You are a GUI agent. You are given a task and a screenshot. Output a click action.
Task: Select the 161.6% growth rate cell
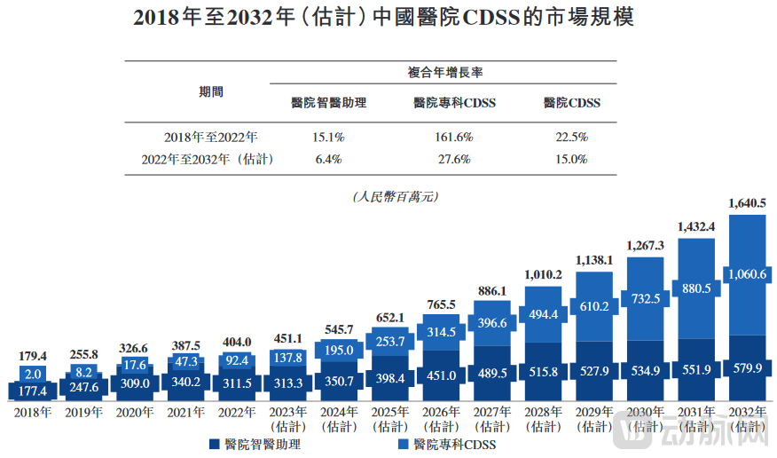point(454,138)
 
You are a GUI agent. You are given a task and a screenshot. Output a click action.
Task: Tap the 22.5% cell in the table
point(571,138)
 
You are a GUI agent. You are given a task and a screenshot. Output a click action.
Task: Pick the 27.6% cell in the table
point(454,160)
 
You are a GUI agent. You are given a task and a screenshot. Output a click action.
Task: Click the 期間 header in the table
point(211,91)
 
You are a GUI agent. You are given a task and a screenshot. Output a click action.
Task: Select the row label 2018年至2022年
point(211,138)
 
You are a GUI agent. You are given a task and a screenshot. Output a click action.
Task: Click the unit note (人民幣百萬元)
point(388,196)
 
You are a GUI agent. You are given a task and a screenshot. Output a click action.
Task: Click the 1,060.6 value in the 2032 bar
point(747,275)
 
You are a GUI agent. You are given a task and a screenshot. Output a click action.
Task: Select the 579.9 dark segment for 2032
point(747,367)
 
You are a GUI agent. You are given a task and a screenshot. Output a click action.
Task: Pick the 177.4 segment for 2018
point(32,391)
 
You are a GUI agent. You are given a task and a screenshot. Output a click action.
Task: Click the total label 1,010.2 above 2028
point(543,275)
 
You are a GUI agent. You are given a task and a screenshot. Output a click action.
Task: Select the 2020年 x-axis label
point(134,412)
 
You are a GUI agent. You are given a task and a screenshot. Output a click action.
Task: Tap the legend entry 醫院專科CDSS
point(448,444)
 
